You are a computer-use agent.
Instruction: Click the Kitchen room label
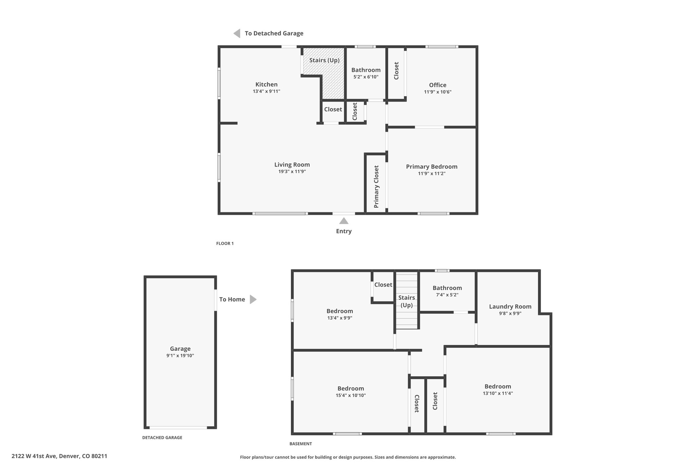(266, 84)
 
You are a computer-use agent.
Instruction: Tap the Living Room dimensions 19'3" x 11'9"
(292, 172)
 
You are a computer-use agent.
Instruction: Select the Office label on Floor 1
(438, 85)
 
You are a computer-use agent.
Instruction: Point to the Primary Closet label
(376, 187)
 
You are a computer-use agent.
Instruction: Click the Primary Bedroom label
(432, 167)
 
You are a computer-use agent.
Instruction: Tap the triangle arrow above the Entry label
(344, 221)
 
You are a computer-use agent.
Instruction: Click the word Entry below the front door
(344, 231)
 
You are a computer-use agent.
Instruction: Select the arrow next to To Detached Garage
(237, 33)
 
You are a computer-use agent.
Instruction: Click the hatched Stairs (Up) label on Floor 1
(325, 60)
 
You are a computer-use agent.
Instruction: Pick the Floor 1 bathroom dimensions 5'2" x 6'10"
(366, 77)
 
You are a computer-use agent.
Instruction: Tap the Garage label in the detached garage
(180, 349)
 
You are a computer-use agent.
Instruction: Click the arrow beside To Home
(253, 299)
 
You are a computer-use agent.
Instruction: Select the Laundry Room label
(510, 307)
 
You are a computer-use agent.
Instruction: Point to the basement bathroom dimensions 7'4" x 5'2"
(447, 295)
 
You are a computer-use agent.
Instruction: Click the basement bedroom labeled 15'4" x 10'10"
(351, 389)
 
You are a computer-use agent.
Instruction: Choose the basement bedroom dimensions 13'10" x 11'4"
(498, 394)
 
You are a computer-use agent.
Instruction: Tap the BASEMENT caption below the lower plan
(301, 444)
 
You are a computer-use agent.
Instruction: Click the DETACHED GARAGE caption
(162, 437)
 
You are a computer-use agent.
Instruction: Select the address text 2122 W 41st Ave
(34, 456)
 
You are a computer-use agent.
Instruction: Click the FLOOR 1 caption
(225, 243)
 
